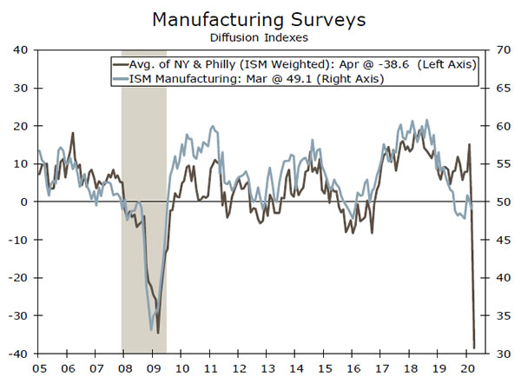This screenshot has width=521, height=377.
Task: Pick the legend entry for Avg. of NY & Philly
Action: [295, 65]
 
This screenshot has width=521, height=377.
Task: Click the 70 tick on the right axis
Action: [503, 50]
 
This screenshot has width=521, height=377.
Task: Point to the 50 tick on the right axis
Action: [503, 202]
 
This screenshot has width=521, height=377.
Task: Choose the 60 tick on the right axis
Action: [503, 126]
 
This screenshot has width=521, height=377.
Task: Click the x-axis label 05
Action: [38, 366]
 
